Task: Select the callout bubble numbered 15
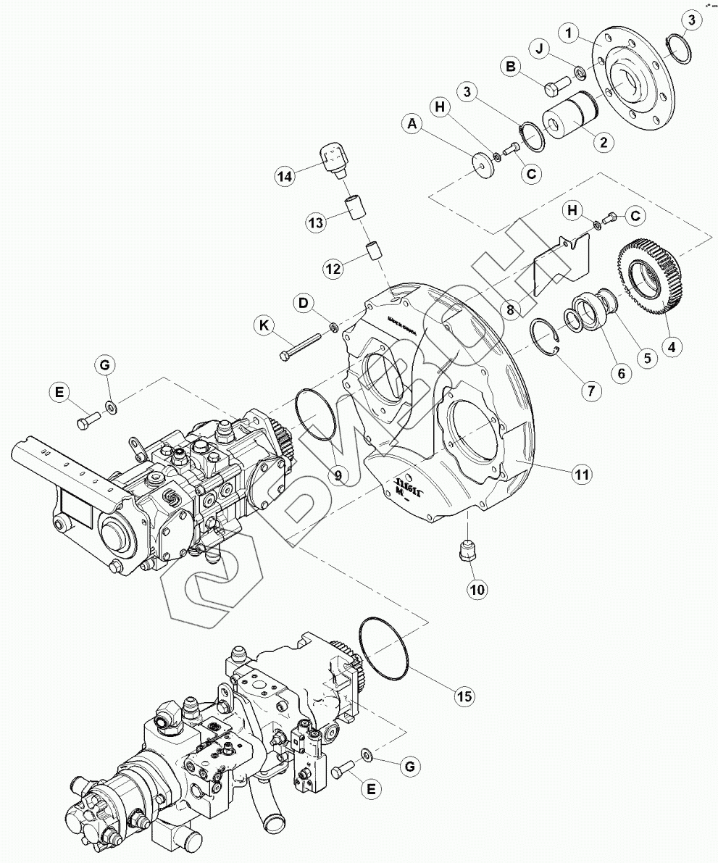tap(464, 696)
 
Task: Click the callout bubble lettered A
tap(413, 125)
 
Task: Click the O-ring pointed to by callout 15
tap(384, 648)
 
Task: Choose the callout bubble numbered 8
tap(512, 310)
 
